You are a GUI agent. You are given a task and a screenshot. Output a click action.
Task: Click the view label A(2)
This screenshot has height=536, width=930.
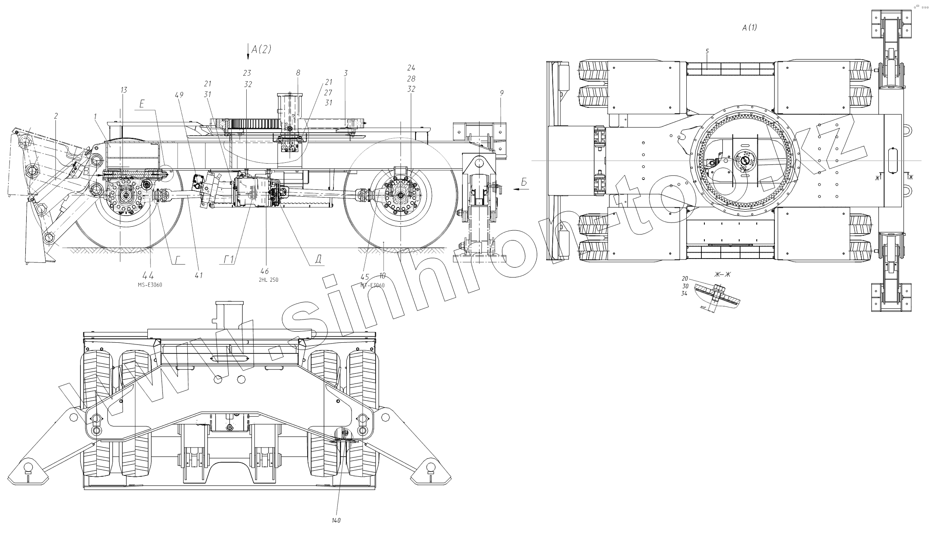point(261,49)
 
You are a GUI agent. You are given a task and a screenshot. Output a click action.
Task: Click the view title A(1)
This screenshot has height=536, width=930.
point(750,27)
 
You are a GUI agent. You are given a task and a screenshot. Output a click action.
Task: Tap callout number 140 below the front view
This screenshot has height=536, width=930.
point(336,521)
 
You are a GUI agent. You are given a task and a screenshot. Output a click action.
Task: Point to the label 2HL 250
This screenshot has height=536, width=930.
point(268,280)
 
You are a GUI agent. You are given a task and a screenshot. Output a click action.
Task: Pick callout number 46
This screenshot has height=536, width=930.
point(265,271)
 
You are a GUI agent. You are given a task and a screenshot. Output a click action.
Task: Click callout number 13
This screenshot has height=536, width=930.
point(124,90)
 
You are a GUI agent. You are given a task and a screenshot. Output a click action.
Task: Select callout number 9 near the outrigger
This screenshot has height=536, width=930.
point(502,92)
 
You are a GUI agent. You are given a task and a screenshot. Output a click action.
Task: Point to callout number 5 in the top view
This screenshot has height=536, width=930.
point(707,51)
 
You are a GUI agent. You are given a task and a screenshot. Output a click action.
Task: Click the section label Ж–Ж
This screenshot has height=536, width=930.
point(722,275)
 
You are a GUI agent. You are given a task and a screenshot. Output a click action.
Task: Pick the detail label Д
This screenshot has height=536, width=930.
point(318,259)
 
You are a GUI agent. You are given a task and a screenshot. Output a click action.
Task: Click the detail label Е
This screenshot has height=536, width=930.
point(142,104)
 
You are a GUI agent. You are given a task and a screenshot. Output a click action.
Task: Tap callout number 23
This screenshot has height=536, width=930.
point(247,73)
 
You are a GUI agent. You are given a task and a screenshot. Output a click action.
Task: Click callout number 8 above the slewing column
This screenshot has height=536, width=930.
point(298,73)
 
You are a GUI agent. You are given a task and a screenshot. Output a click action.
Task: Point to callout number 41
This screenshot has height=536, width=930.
point(199,275)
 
